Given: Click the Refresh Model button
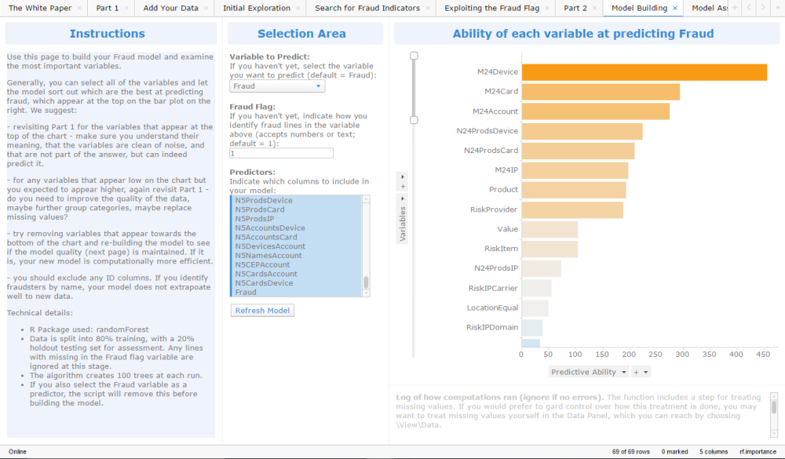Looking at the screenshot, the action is (262, 311).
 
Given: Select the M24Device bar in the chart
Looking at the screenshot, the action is (644, 72).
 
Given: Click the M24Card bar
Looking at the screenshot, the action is (601, 92).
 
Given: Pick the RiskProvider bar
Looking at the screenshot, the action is (572, 209).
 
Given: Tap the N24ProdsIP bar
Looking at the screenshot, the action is (541, 268).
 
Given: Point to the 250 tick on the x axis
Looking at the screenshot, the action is (655, 355).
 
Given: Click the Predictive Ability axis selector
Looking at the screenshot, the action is (588, 372).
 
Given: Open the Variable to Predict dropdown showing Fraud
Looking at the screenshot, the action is (277, 86).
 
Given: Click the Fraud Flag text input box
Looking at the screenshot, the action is (281, 153).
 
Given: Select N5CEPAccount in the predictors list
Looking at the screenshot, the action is (262, 264).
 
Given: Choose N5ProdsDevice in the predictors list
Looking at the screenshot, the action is (264, 200).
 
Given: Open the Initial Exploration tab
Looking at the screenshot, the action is (257, 8).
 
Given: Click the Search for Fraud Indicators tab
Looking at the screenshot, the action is (367, 8).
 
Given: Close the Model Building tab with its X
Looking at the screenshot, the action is (675, 8).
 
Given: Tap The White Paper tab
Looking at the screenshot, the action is (40, 8).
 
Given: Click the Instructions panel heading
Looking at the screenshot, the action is (107, 34).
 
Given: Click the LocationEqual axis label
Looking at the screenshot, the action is (492, 308).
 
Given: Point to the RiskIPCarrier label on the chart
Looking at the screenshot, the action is (493, 288).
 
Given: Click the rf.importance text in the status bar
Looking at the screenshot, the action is (758, 451).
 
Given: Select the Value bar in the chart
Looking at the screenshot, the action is (549, 229).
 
